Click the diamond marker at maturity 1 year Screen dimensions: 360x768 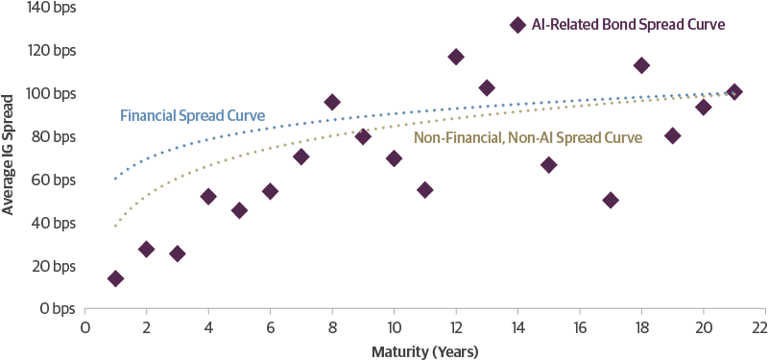115,278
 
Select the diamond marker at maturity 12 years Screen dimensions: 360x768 455,57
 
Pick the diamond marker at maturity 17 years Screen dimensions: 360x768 610,200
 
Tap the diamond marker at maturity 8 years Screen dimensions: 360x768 332,103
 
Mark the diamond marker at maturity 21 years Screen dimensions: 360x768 733,91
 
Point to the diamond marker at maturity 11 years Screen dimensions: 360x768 424,189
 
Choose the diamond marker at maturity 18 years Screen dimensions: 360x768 641,65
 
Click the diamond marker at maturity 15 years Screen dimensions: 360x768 548,164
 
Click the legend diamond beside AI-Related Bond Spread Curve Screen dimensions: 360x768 517,24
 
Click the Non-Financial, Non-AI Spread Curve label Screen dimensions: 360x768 527,138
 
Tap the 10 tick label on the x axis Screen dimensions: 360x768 394,328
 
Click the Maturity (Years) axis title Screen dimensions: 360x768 424,351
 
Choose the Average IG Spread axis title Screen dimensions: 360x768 9,157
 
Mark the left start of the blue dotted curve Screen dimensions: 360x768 115,179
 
